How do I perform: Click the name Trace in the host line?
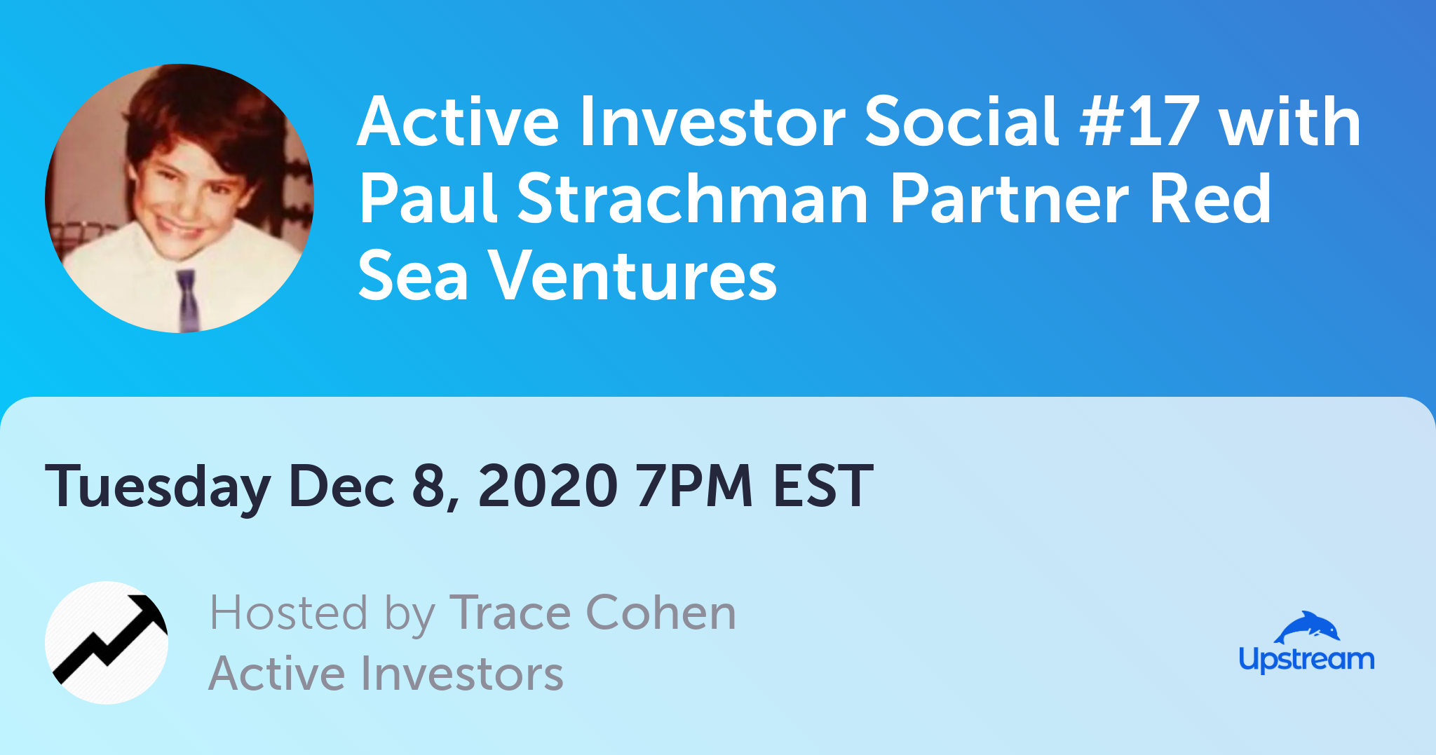[510, 613]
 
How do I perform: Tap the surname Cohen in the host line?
[661, 612]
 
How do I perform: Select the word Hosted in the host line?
[288, 612]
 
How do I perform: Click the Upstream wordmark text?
[1306, 660]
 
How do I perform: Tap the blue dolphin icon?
[1307, 627]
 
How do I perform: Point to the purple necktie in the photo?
[187, 300]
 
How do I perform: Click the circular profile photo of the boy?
[179, 198]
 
